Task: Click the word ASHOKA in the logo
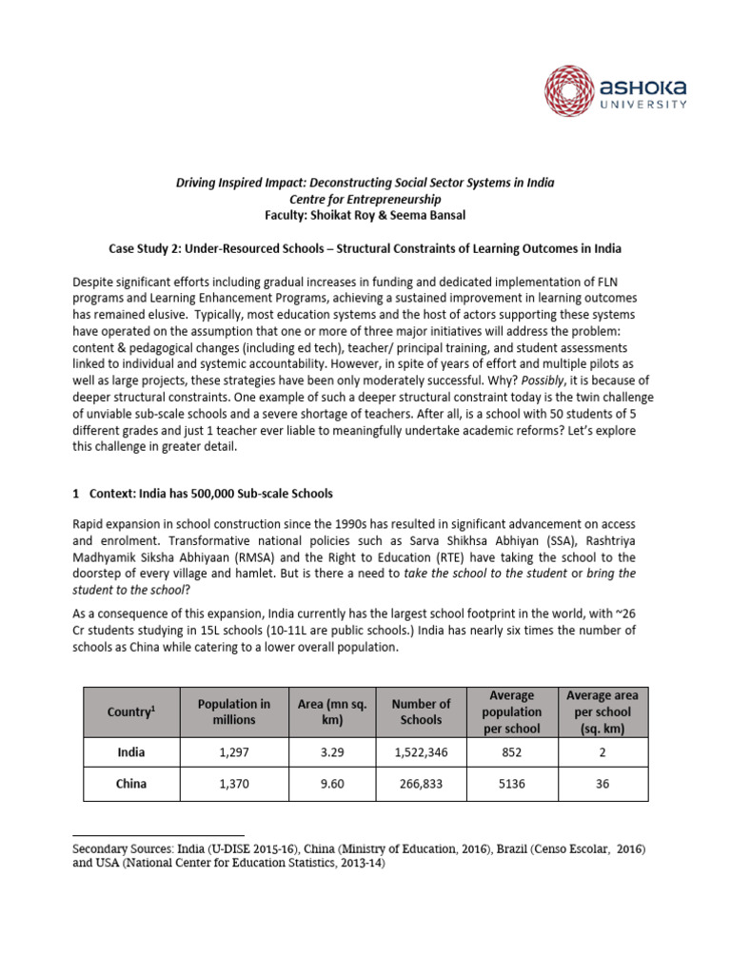(642, 88)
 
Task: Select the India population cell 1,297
(233, 751)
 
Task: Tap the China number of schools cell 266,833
(421, 785)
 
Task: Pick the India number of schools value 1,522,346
(421, 751)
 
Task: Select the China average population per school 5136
(511, 785)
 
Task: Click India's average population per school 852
(511, 751)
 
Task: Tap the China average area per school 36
(602, 785)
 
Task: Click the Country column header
(130, 711)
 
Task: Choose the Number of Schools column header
(421, 711)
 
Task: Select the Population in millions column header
(233, 711)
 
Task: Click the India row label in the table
(130, 751)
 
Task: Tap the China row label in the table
(130, 785)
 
